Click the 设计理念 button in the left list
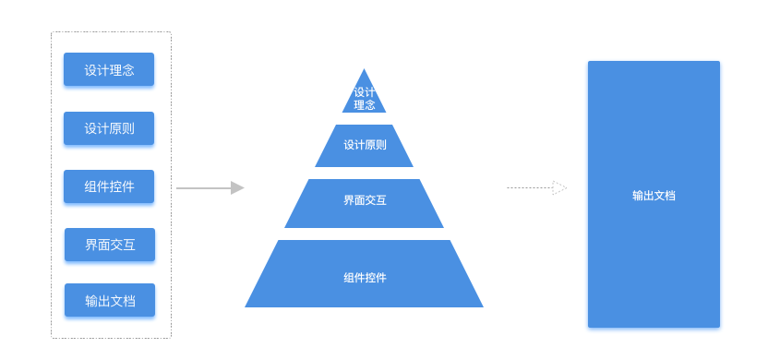[x=109, y=69]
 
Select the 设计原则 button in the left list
[x=109, y=128]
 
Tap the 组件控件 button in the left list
[x=109, y=186]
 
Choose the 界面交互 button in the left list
[x=110, y=245]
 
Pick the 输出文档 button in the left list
[x=110, y=300]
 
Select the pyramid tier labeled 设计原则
[x=365, y=146]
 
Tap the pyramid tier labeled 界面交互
[x=365, y=204]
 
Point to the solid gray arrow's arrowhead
[x=238, y=188]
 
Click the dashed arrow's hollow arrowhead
[x=559, y=188]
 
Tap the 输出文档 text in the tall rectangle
[x=654, y=196]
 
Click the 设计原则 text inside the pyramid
[x=365, y=145]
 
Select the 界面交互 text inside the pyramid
[x=365, y=199]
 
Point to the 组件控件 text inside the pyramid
[x=365, y=278]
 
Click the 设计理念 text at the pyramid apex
[x=365, y=99]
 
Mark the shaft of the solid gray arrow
[x=203, y=188]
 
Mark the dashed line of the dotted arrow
[x=529, y=188]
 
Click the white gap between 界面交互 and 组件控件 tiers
[x=365, y=234]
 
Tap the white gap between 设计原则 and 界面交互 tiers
[x=365, y=174]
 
